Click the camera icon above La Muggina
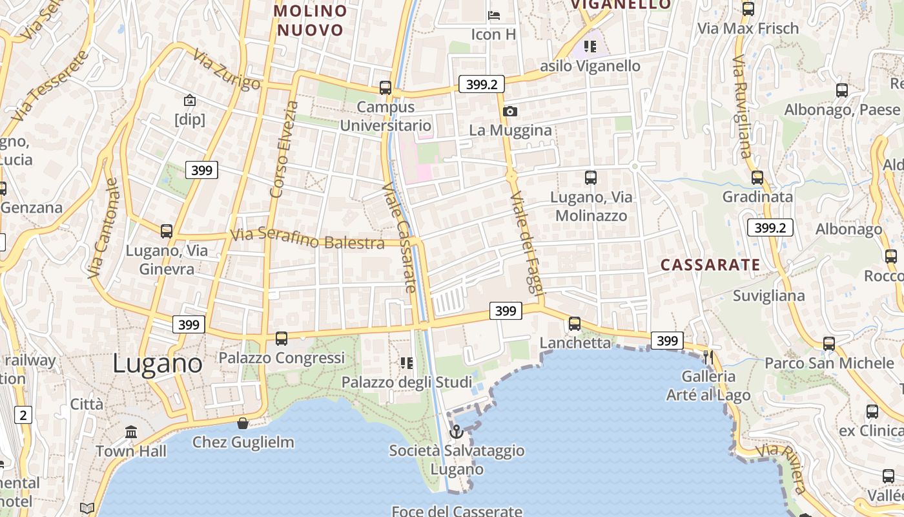[510, 111]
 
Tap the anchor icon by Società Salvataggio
[457, 431]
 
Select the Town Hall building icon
[131, 431]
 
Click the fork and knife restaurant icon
[708, 357]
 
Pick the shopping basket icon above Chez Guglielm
[243, 423]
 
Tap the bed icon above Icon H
[494, 15]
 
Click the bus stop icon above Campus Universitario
[385, 87]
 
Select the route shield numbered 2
[23, 415]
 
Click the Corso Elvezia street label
[284, 149]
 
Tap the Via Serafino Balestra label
[307, 238]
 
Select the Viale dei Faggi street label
[524, 242]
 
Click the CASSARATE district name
[710, 264]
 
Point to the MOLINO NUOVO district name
[310, 21]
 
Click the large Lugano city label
[158, 363]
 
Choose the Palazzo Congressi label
[282, 357]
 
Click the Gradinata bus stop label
[757, 196]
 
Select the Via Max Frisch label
[748, 28]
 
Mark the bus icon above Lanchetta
[575, 324]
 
